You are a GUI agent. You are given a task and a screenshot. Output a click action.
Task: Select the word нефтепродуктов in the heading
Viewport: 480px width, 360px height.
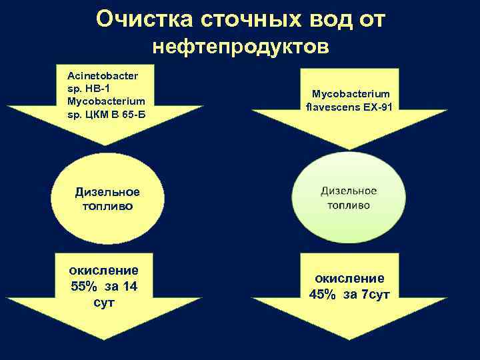click(240, 47)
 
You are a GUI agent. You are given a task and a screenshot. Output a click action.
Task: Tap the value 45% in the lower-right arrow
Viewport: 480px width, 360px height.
click(323, 295)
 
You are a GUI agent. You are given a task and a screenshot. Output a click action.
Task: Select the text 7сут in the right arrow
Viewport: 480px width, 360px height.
click(375, 295)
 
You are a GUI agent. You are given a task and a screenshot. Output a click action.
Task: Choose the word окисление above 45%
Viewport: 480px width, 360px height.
click(349, 278)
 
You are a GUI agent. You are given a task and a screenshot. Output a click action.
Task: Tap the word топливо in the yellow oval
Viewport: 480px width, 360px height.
click(107, 206)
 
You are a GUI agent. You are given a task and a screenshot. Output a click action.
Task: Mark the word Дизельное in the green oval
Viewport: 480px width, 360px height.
click(349, 191)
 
